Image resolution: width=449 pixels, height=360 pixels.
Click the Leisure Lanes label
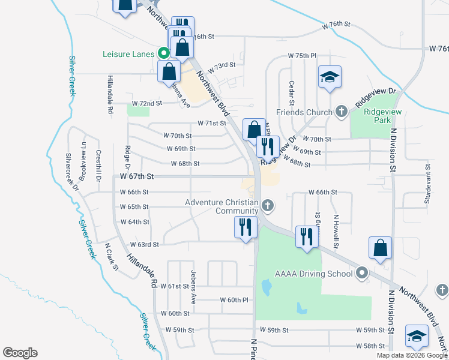coord(128,53)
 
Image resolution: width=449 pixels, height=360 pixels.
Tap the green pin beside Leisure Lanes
coord(162,53)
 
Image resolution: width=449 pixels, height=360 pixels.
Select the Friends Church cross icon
coord(341,112)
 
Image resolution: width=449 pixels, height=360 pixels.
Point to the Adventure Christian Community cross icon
coord(268,206)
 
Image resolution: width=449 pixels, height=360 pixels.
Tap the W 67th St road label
coord(137,176)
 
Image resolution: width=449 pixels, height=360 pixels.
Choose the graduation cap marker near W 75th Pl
coord(330,77)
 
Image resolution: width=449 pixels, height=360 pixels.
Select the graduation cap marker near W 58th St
coord(417,337)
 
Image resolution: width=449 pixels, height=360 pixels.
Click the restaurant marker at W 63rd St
coord(245,227)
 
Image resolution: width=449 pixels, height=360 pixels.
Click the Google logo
coord(20,353)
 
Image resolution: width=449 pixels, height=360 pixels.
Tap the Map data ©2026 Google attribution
coord(412,355)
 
